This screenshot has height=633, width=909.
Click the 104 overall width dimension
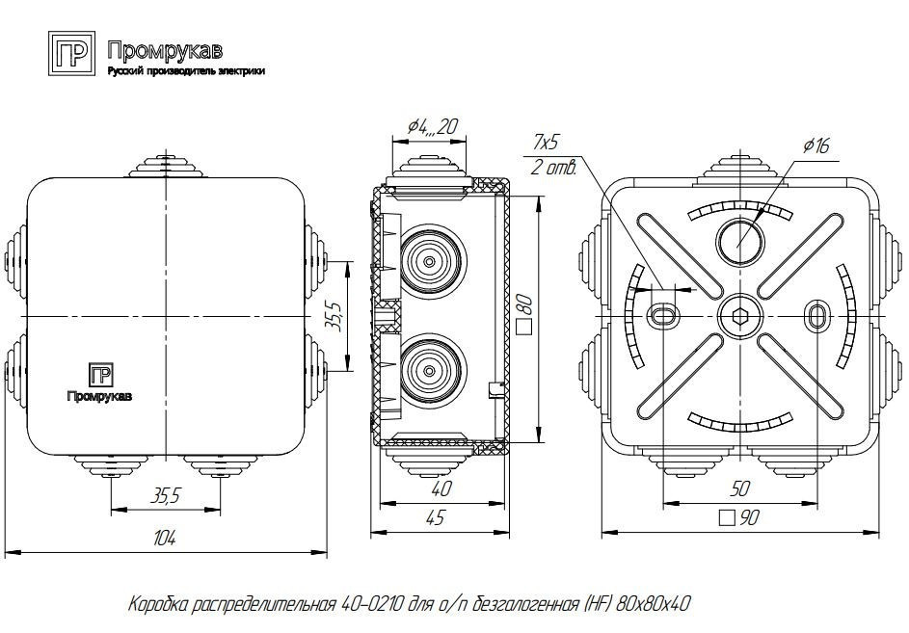tap(165, 541)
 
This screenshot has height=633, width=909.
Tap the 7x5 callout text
tap(547, 144)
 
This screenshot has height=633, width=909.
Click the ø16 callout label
tap(815, 145)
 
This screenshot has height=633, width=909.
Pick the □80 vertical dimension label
tap(526, 316)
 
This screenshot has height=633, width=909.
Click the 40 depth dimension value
tap(442, 489)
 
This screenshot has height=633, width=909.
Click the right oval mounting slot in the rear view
tap(816, 315)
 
